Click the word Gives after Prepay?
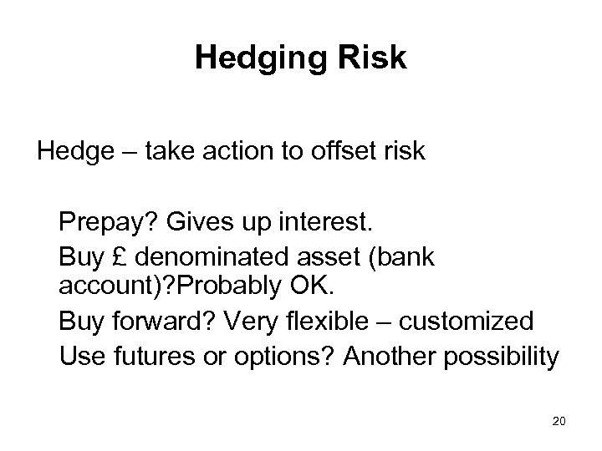point(193,224)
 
